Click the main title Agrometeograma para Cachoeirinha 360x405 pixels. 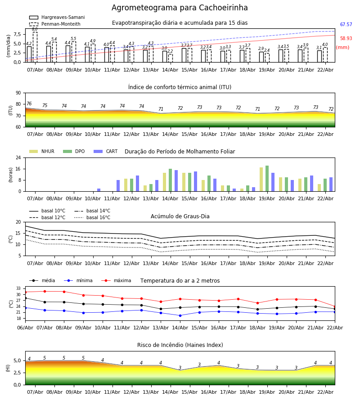point(180,8)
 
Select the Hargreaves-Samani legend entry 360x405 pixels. point(63,18)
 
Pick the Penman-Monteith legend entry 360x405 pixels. point(61,24)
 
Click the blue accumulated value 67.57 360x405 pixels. point(346,25)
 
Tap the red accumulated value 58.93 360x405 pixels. point(346,39)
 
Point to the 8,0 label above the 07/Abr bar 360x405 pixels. point(35,29)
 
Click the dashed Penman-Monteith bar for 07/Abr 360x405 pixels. point(35,47)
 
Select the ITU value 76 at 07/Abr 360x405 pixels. point(29,104)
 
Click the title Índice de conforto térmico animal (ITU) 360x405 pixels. point(180,87)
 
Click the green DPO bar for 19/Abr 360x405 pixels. point(267,179)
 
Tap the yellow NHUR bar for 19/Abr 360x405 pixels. point(261,180)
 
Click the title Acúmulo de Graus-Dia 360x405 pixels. point(180,216)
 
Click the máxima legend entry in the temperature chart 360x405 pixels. point(122,281)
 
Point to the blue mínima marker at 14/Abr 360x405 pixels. point(180,315)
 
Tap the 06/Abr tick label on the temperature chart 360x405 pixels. point(25,327)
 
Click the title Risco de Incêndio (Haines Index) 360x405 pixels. point(180,345)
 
